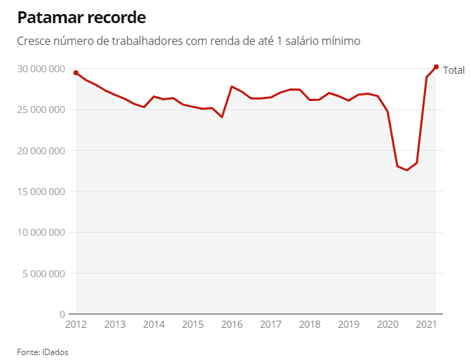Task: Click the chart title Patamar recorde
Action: click(x=82, y=16)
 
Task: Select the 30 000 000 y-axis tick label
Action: click(x=41, y=69)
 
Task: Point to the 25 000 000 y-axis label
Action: click(x=41, y=109)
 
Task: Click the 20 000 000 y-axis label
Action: click(x=41, y=150)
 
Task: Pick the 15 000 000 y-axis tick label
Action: click(x=41, y=192)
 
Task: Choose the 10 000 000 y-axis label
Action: click(x=41, y=232)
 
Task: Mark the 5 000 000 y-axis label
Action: click(x=44, y=273)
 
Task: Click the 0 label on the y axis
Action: click(x=62, y=314)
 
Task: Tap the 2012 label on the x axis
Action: click(x=76, y=325)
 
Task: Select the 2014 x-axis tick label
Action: click(x=154, y=325)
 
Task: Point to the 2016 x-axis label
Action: click(x=232, y=325)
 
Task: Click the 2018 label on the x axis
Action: click(x=310, y=325)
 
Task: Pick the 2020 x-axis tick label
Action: click(x=388, y=325)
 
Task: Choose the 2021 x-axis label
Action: click(x=426, y=325)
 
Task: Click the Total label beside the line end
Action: click(x=454, y=70)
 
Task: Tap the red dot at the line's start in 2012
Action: click(x=76, y=73)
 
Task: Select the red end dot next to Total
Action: click(x=436, y=67)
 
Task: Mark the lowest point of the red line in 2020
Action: click(x=406, y=170)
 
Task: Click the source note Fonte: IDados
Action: click(x=43, y=352)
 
